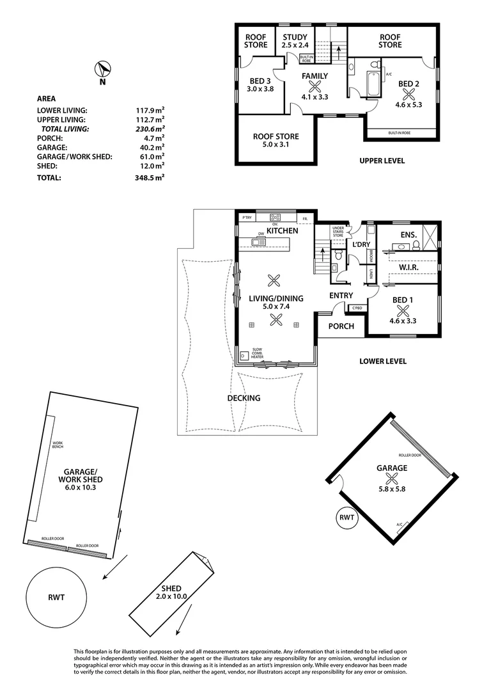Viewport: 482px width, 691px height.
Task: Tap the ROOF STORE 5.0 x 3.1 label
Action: tap(276, 141)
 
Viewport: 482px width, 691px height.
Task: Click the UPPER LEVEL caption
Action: tap(382, 161)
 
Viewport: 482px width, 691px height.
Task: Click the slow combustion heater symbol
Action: tap(244, 356)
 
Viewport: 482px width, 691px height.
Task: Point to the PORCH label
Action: tap(341, 326)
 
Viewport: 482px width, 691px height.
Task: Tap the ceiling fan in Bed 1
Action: tap(403, 310)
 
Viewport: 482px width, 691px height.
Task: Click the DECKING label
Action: tap(244, 398)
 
